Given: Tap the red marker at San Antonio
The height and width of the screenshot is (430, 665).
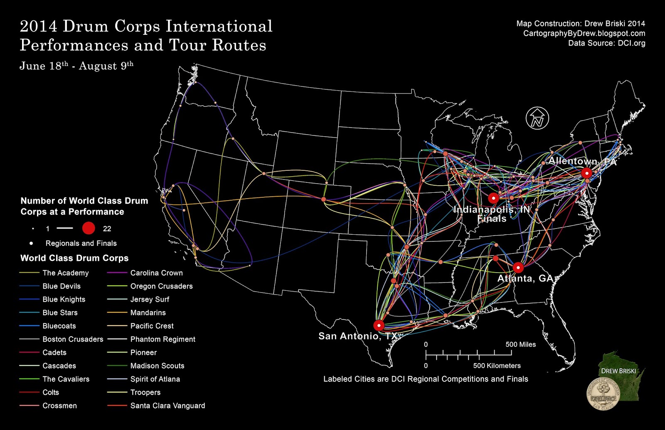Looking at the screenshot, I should (x=379, y=325).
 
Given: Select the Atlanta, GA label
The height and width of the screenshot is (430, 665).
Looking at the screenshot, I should (x=525, y=278).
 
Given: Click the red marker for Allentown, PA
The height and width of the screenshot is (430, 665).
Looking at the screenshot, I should (x=586, y=173).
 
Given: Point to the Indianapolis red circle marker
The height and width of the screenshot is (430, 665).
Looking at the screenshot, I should (x=493, y=198).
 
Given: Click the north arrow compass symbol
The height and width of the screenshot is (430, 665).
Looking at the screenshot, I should (x=537, y=118).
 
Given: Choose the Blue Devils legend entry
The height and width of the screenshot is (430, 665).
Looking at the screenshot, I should (x=61, y=286).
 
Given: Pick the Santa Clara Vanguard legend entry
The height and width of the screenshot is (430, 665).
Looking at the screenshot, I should (x=167, y=406).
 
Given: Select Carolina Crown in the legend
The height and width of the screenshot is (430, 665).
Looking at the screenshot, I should (x=156, y=273).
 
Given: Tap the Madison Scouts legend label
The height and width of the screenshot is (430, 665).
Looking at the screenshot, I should (x=157, y=366).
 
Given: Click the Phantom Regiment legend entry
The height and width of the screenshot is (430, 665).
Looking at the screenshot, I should (x=163, y=339).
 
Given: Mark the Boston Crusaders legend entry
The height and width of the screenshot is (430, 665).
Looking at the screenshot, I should (x=73, y=339).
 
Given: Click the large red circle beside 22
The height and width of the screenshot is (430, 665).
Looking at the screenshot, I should (x=89, y=228).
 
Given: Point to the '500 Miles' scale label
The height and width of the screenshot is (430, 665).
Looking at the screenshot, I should (x=520, y=344).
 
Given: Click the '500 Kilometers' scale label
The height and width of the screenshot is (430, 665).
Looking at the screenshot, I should (x=497, y=366).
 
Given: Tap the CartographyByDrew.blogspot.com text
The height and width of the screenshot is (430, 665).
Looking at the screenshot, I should (x=584, y=33).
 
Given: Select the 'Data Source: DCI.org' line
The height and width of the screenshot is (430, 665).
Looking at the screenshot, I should (x=606, y=43).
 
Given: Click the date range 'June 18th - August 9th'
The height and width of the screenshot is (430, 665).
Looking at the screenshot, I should (x=76, y=66).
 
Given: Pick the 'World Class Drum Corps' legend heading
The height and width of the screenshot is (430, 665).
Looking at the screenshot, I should (x=74, y=258).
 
